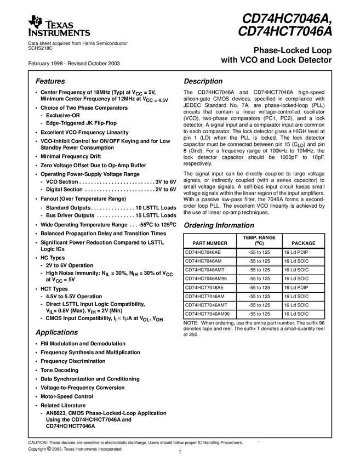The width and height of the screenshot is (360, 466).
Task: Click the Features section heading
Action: (x=50, y=81)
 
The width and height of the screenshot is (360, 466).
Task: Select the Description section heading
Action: (x=203, y=81)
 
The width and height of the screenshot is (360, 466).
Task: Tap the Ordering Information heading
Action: (x=219, y=225)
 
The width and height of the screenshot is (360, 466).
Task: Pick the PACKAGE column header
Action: (x=303, y=242)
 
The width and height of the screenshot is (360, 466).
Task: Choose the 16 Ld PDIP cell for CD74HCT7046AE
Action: (x=296, y=287)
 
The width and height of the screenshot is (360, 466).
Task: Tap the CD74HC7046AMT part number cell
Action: (x=207, y=270)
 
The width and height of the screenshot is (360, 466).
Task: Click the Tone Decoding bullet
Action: (x=59, y=370)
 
